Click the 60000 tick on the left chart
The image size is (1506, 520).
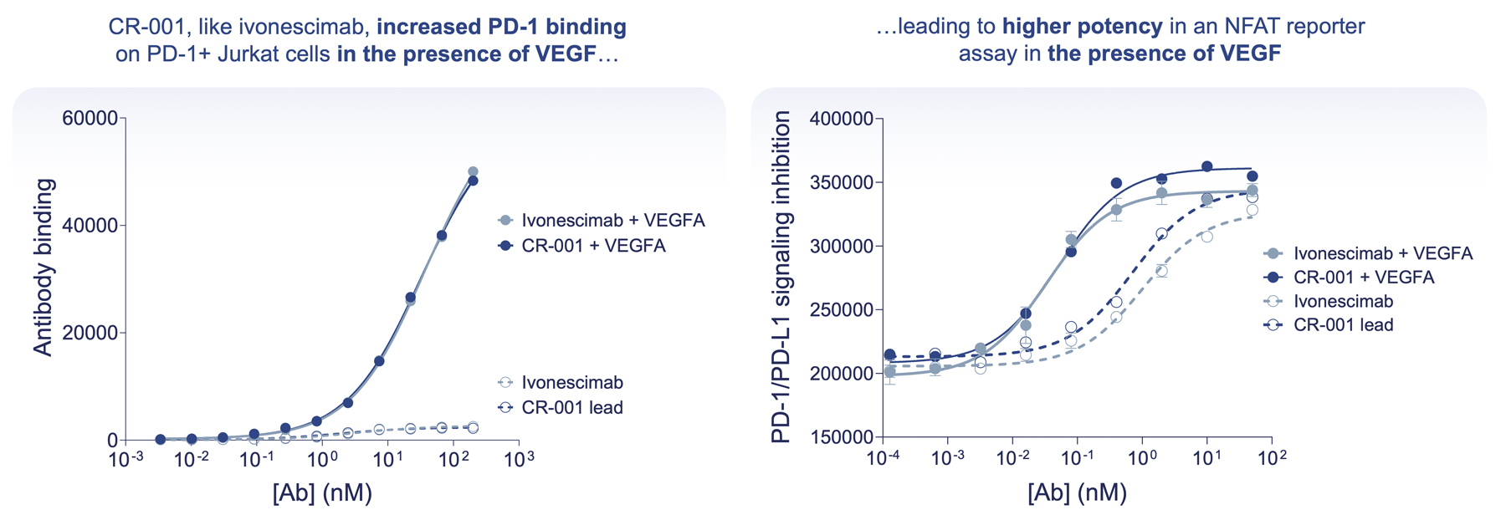(90, 118)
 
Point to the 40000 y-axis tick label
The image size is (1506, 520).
(90, 226)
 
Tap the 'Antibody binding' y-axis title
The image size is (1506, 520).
(43, 268)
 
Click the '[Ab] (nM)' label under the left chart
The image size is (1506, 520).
(322, 492)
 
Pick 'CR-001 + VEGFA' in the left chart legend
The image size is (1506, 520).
(593, 246)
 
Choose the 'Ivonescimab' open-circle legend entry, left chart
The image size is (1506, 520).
(572, 382)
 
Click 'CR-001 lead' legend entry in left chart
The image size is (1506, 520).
(572, 408)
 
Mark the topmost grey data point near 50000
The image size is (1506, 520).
(473, 171)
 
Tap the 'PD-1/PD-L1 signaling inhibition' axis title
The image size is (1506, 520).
(781, 278)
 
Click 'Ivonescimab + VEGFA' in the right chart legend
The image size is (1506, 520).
(1383, 253)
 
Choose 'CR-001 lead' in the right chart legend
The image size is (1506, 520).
(1344, 324)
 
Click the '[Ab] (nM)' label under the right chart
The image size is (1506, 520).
(1077, 492)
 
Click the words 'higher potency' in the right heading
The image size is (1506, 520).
(1082, 27)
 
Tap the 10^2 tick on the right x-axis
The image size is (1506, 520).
(1272, 457)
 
